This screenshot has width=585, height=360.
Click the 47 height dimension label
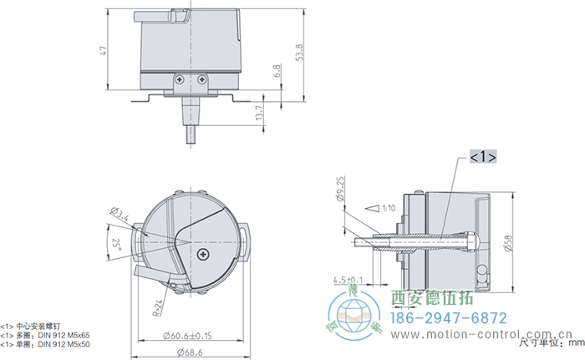pos(103,51)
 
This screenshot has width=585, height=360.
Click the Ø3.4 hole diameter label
pos(120,215)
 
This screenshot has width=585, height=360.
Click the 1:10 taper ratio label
pos(386,207)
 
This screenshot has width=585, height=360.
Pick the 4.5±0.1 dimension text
pos(348,279)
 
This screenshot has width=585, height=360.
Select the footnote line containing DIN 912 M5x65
pos(46,335)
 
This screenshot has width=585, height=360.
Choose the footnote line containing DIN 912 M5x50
pos(46,344)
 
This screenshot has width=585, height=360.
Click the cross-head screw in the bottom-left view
pos(202,253)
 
